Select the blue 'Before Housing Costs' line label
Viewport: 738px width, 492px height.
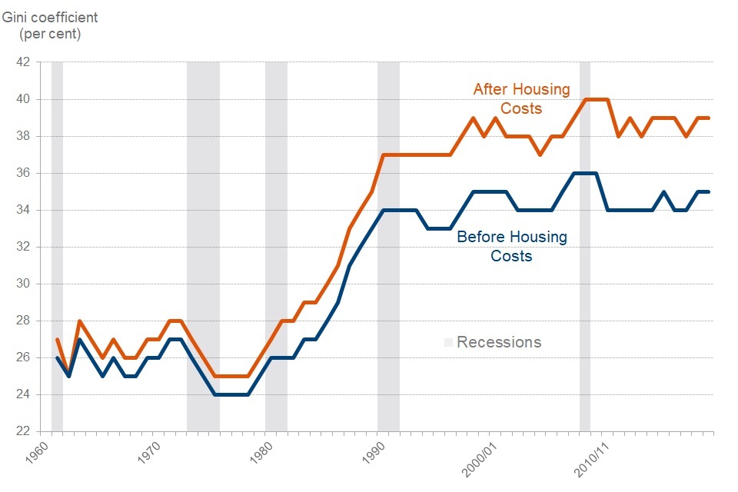pyautogui.click(x=511, y=246)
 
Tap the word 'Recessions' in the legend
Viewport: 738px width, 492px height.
pyautogui.click(x=499, y=342)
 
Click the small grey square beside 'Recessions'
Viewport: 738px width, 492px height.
pyautogui.click(x=448, y=342)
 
